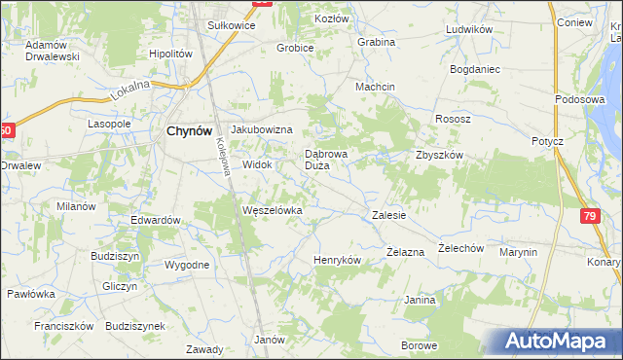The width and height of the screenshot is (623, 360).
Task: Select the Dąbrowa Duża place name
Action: (x=325, y=160)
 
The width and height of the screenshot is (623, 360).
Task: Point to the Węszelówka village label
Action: (x=273, y=210)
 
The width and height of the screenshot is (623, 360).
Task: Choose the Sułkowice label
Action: (x=225, y=25)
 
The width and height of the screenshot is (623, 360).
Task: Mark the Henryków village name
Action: (x=338, y=261)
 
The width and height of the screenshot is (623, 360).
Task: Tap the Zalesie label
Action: (x=388, y=215)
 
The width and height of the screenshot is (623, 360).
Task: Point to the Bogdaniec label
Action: (x=474, y=70)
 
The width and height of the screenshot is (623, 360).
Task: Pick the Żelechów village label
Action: (x=460, y=248)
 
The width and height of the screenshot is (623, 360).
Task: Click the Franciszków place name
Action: (x=63, y=326)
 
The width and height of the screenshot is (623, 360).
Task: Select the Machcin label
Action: (x=375, y=86)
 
